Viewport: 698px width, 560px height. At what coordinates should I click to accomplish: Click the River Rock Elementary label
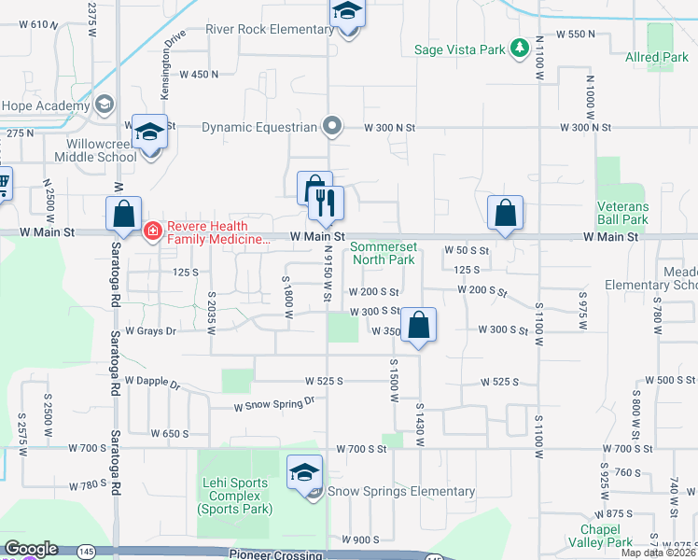tap(269, 30)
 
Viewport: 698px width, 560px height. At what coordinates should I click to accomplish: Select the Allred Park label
tap(657, 58)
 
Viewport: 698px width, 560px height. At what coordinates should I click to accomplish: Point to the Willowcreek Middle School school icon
tap(148, 133)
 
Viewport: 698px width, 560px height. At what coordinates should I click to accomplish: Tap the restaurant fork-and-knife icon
tap(327, 203)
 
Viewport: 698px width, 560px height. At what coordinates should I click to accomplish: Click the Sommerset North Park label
tap(383, 254)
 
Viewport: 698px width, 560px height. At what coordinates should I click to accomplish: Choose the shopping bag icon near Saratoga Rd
tap(124, 214)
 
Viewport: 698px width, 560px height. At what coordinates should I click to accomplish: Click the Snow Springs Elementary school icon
tap(304, 471)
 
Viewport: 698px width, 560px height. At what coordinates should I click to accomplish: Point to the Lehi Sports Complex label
tap(235, 496)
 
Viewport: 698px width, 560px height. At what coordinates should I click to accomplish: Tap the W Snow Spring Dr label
tap(274, 403)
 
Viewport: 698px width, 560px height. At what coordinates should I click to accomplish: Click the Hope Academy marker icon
tap(104, 105)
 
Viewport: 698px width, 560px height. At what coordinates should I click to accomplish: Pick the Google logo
tap(31, 549)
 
